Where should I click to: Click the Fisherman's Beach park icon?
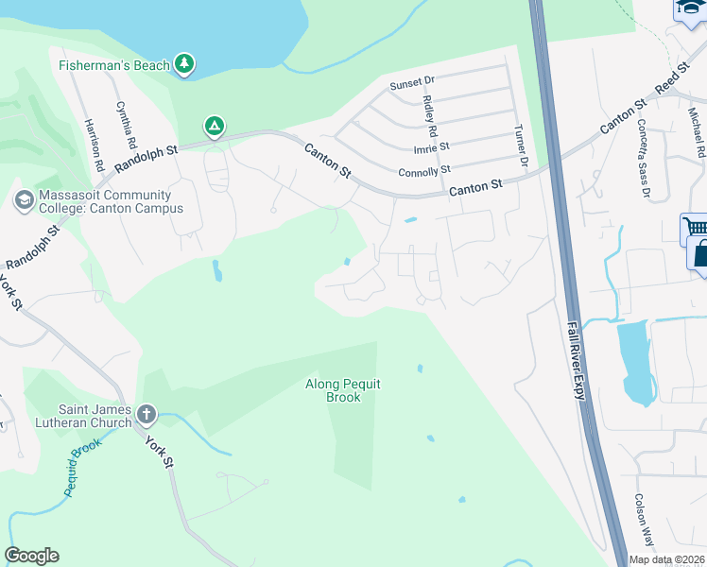coord(185,64)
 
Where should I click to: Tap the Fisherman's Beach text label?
coord(114,65)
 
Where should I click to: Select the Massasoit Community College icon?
coord(24,200)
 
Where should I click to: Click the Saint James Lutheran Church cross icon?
coord(146,413)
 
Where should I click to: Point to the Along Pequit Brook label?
coord(333,390)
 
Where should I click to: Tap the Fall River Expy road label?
coord(577,359)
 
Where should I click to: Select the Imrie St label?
coord(431,147)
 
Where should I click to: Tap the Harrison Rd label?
coord(94,145)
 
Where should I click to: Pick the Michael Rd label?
coord(696,132)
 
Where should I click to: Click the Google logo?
coord(31,556)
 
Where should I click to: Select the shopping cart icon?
coord(693,229)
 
